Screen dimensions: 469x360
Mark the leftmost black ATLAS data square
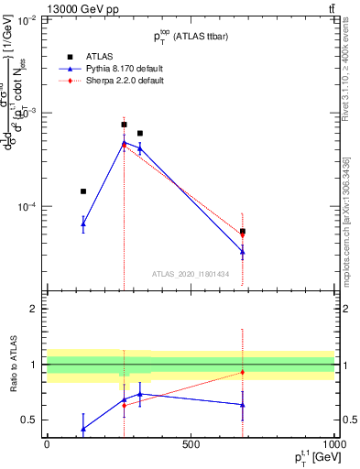click(x=83, y=191)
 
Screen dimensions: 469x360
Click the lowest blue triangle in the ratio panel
click(x=83, y=429)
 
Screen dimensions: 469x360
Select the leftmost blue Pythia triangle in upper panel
click(x=83, y=224)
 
